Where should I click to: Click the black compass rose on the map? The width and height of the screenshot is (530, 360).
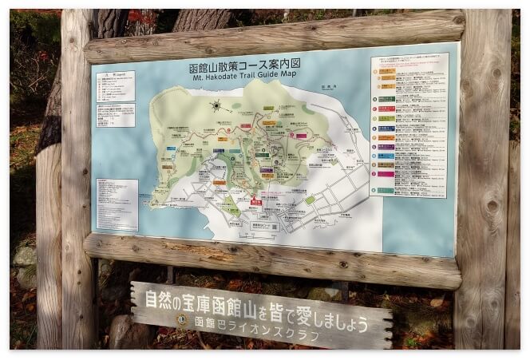(x=216, y=105)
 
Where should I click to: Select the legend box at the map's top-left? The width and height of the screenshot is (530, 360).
(x=115, y=85)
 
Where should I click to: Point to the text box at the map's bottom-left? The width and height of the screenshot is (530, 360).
(x=117, y=205)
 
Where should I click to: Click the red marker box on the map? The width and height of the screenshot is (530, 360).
(x=256, y=202)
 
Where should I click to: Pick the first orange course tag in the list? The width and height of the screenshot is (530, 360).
(x=387, y=71)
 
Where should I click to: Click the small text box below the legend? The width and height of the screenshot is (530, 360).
(x=115, y=115)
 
